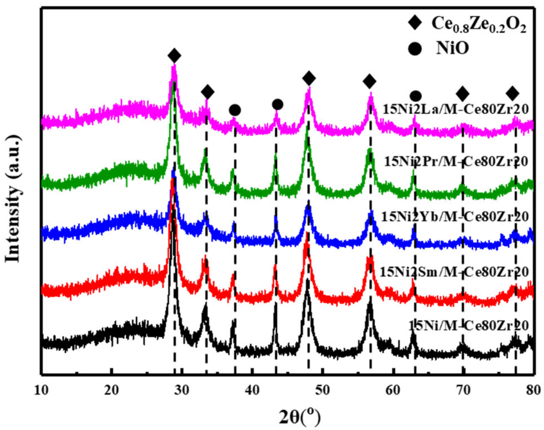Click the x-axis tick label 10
click(41, 390)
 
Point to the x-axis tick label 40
click(252, 390)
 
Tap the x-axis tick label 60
click(393, 390)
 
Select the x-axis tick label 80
click(533, 390)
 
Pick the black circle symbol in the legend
click(415, 49)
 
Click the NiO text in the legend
click(452, 48)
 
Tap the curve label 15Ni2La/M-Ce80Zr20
click(456, 109)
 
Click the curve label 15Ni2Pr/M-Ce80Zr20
click(456, 162)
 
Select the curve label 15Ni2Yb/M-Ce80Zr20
click(455, 217)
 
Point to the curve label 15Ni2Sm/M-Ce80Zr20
click(454, 272)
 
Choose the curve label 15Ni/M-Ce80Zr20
click(469, 326)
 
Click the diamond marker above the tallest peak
click(174, 56)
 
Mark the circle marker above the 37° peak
click(235, 110)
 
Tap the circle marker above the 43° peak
click(277, 104)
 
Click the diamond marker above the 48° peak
click(309, 78)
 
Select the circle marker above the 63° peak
click(416, 96)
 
